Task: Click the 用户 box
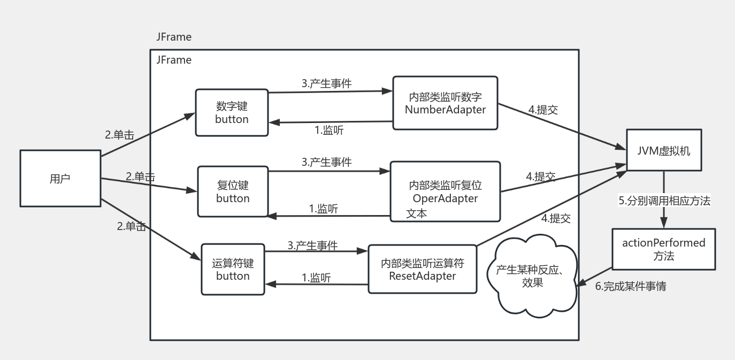click(60, 178)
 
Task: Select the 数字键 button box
click(232, 112)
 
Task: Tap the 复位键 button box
click(232, 191)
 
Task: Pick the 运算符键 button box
click(233, 269)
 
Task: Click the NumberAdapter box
click(445, 103)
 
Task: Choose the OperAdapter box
click(445, 191)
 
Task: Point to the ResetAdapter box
click(422, 269)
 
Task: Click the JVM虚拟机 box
click(664, 150)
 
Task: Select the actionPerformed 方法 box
click(663, 249)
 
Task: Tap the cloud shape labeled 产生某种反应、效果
click(532, 275)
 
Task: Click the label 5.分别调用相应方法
click(664, 201)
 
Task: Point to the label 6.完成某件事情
click(631, 286)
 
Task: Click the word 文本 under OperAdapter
click(417, 213)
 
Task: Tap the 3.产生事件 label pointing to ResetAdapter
click(312, 246)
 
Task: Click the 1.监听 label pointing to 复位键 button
click(324, 209)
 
